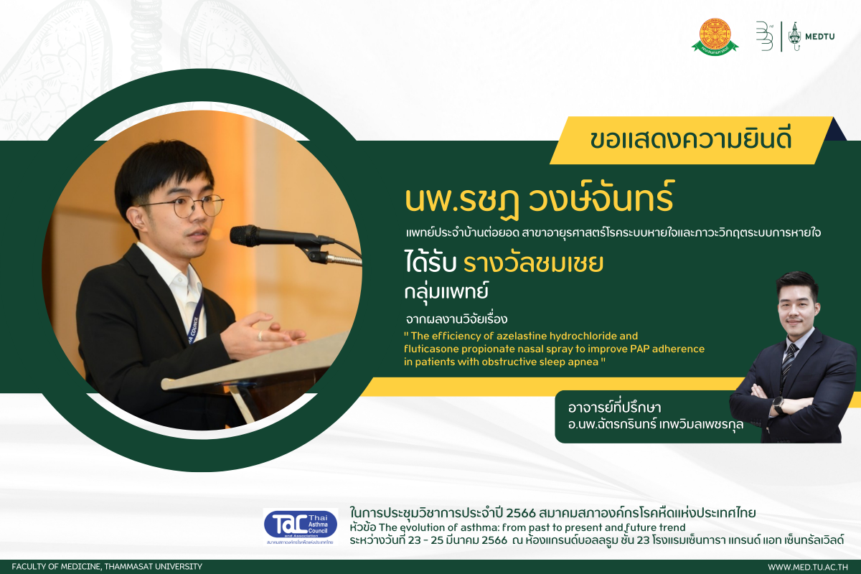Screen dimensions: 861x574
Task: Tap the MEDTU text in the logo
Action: point(820,37)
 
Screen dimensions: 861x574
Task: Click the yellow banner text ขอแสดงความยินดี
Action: point(691,140)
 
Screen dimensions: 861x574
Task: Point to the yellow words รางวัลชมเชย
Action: point(534,263)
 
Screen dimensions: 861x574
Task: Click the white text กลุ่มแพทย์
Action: point(446,291)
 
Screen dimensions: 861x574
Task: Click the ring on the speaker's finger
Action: point(260,336)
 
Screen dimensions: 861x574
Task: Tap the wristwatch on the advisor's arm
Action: point(778,405)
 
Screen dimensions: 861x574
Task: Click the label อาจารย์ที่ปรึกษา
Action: point(614,408)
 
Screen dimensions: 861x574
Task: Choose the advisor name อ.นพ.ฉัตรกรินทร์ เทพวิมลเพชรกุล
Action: point(656,425)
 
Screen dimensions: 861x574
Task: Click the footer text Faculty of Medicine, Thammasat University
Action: point(107,567)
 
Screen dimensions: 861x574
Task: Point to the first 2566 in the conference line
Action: point(521,513)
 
